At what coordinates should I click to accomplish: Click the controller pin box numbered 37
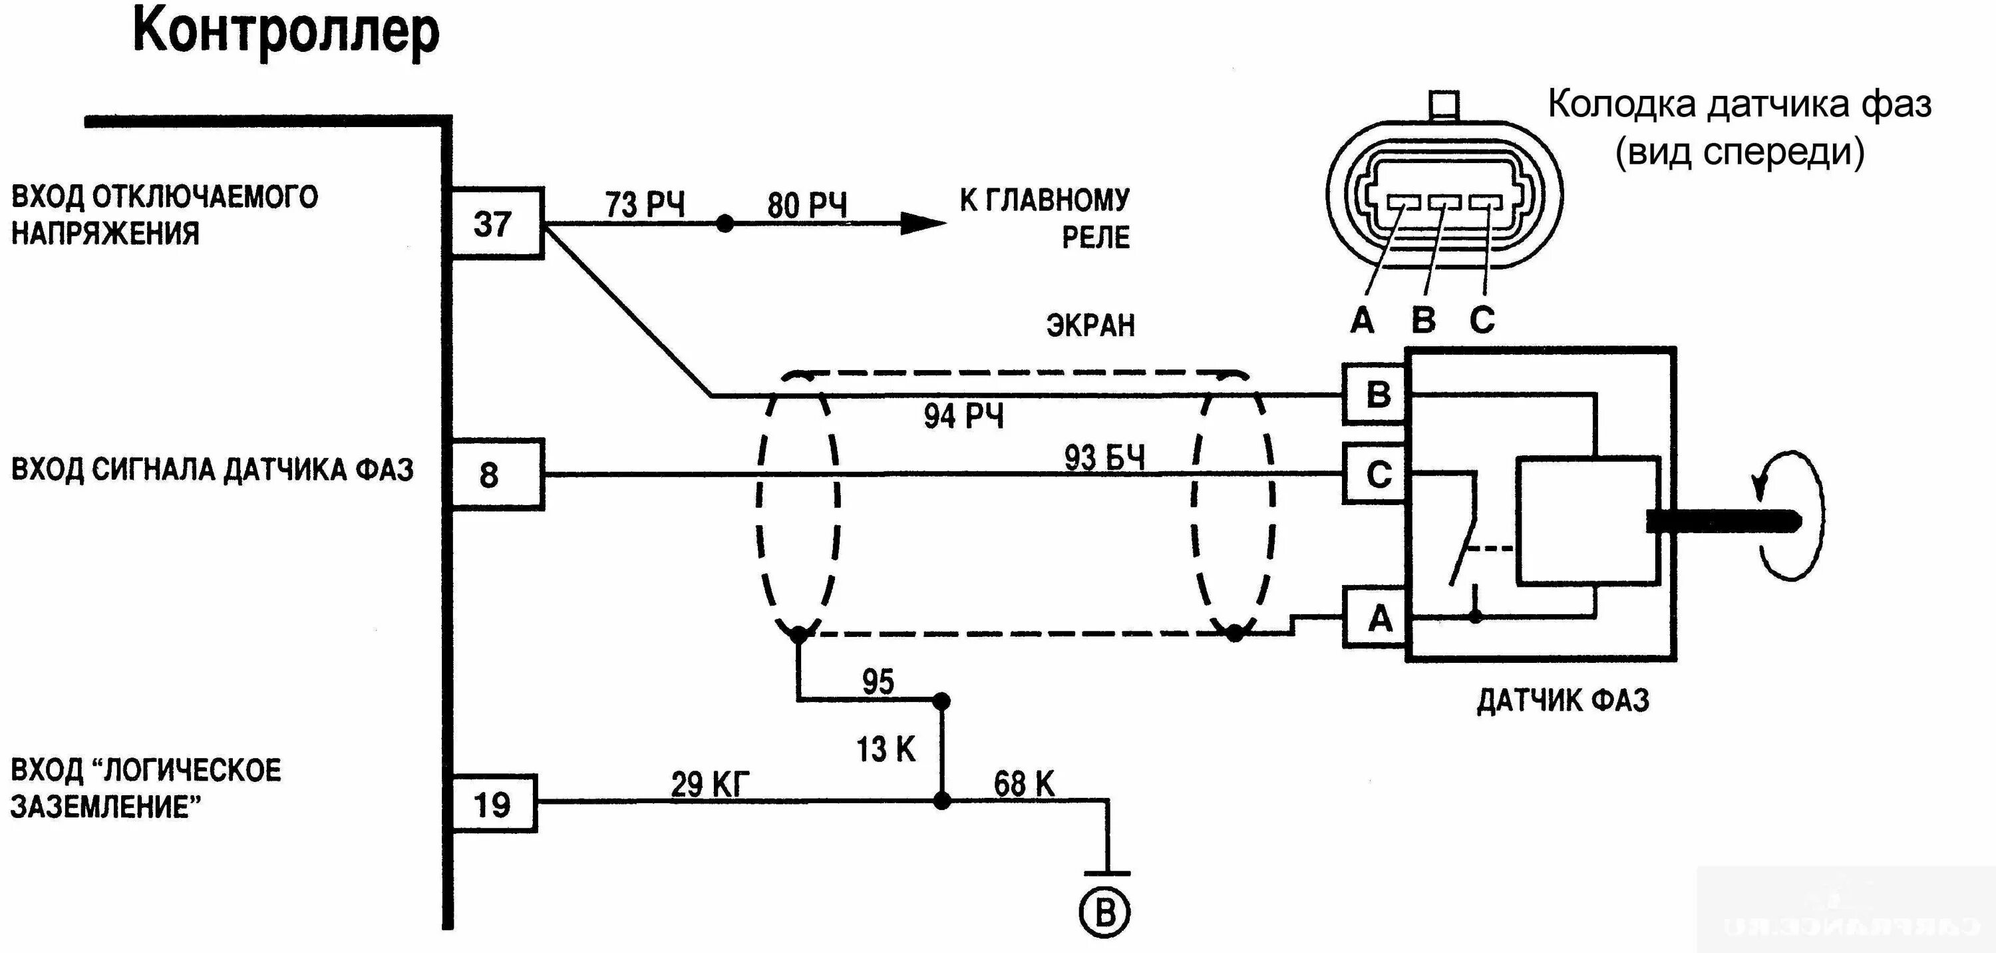pos(497,223)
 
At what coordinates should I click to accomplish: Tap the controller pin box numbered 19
pos(494,803)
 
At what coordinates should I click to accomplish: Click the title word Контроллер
pos(286,32)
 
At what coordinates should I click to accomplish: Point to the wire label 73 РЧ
pos(645,204)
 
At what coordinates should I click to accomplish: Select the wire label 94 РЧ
pos(963,416)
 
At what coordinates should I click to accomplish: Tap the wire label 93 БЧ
pos(1103,458)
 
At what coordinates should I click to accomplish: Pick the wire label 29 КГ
pos(710,785)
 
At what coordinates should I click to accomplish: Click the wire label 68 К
pos(1023,784)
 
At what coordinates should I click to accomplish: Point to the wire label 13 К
pos(885,749)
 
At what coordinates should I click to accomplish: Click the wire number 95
pos(878,682)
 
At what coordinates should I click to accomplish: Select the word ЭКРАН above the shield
pos(1090,326)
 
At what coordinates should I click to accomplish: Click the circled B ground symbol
pos(1104,912)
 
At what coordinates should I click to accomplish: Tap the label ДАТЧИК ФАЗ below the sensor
pos(1563,700)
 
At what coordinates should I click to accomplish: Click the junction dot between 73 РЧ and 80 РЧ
pos(725,224)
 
